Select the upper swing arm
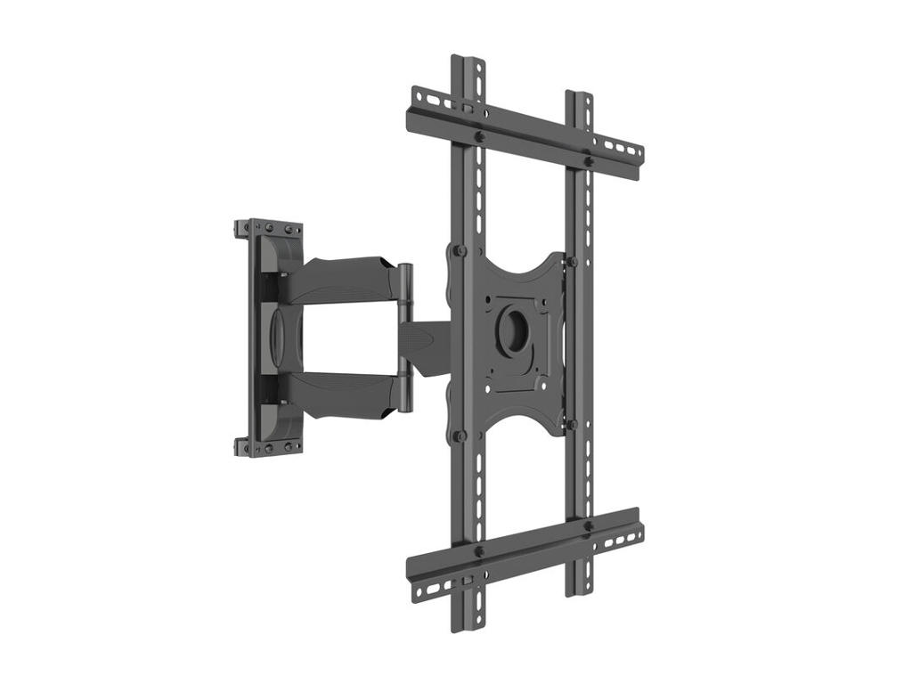point(347,277)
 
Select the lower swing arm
point(347,392)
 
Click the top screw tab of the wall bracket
point(267,228)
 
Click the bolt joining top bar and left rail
point(479,137)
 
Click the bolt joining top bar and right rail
point(588,161)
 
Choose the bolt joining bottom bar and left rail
point(479,551)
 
